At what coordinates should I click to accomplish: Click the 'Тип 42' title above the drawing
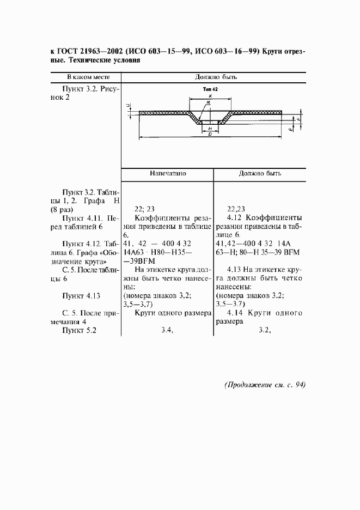210,88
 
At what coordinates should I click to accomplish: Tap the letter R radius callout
209,102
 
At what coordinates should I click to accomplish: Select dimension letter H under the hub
210,128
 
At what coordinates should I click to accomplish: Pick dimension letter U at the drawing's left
127,106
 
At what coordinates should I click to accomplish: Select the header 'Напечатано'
168,174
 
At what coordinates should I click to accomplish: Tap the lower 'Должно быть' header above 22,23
260,174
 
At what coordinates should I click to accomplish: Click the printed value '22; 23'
144,208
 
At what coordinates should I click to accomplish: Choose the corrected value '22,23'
236,208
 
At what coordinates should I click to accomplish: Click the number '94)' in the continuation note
298,385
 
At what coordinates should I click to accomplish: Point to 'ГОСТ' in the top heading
69,52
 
